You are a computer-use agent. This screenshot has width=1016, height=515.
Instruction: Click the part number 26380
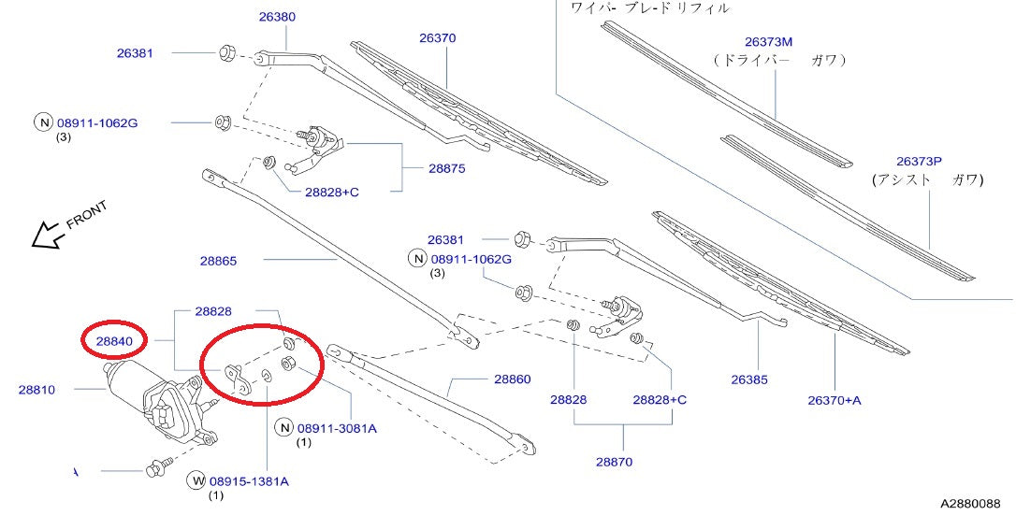click(x=277, y=17)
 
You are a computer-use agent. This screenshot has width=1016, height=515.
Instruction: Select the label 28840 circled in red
click(x=114, y=341)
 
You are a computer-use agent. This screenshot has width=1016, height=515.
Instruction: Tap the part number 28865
click(x=218, y=262)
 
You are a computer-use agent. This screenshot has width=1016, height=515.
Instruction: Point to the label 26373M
click(x=768, y=42)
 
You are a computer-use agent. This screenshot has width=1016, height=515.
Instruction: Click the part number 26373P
click(x=919, y=161)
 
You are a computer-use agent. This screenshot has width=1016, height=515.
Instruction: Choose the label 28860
click(x=513, y=379)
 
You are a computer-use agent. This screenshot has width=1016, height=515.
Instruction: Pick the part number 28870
click(x=615, y=462)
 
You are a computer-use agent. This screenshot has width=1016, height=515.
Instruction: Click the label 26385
click(x=749, y=379)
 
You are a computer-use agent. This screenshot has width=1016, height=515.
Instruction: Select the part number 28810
click(x=36, y=390)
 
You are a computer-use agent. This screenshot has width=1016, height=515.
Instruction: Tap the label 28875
click(x=447, y=168)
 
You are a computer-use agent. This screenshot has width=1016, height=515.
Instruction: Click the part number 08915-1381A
click(x=249, y=481)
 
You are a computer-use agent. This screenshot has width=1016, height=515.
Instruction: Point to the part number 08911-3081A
click(x=337, y=428)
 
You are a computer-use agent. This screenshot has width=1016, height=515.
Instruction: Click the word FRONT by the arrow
click(x=87, y=216)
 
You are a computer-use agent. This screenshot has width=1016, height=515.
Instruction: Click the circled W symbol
click(x=196, y=480)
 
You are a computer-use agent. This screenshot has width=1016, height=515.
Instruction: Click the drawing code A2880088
click(x=971, y=503)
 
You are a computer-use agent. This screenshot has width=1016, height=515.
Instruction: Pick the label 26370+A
click(x=835, y=400)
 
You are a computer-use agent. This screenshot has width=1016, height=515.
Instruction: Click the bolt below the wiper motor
click(x=157, y=467)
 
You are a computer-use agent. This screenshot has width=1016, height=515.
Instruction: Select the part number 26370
click(x=438, y=38)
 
